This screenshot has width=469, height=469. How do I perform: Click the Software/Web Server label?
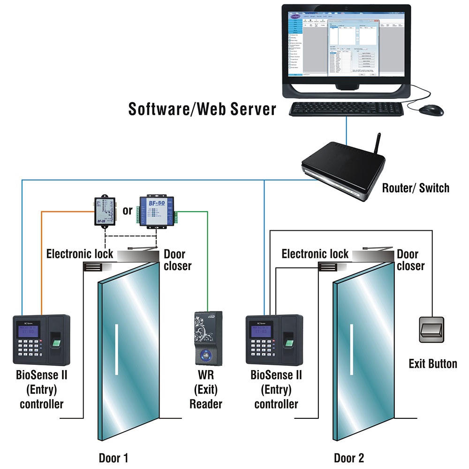coord(202,109)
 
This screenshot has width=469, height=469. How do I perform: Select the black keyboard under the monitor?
coord(346,109)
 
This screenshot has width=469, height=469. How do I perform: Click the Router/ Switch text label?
coord(416,188)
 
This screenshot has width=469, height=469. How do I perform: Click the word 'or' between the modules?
coord(128,211)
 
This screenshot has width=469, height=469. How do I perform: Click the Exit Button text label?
coord(432,363)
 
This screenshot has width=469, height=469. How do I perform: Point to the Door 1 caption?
coord(113,458)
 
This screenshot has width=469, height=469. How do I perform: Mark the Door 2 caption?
coord(348,458)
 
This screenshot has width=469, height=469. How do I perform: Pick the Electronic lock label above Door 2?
coord(315,254)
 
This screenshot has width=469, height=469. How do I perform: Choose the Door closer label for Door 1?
coord(177,260)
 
